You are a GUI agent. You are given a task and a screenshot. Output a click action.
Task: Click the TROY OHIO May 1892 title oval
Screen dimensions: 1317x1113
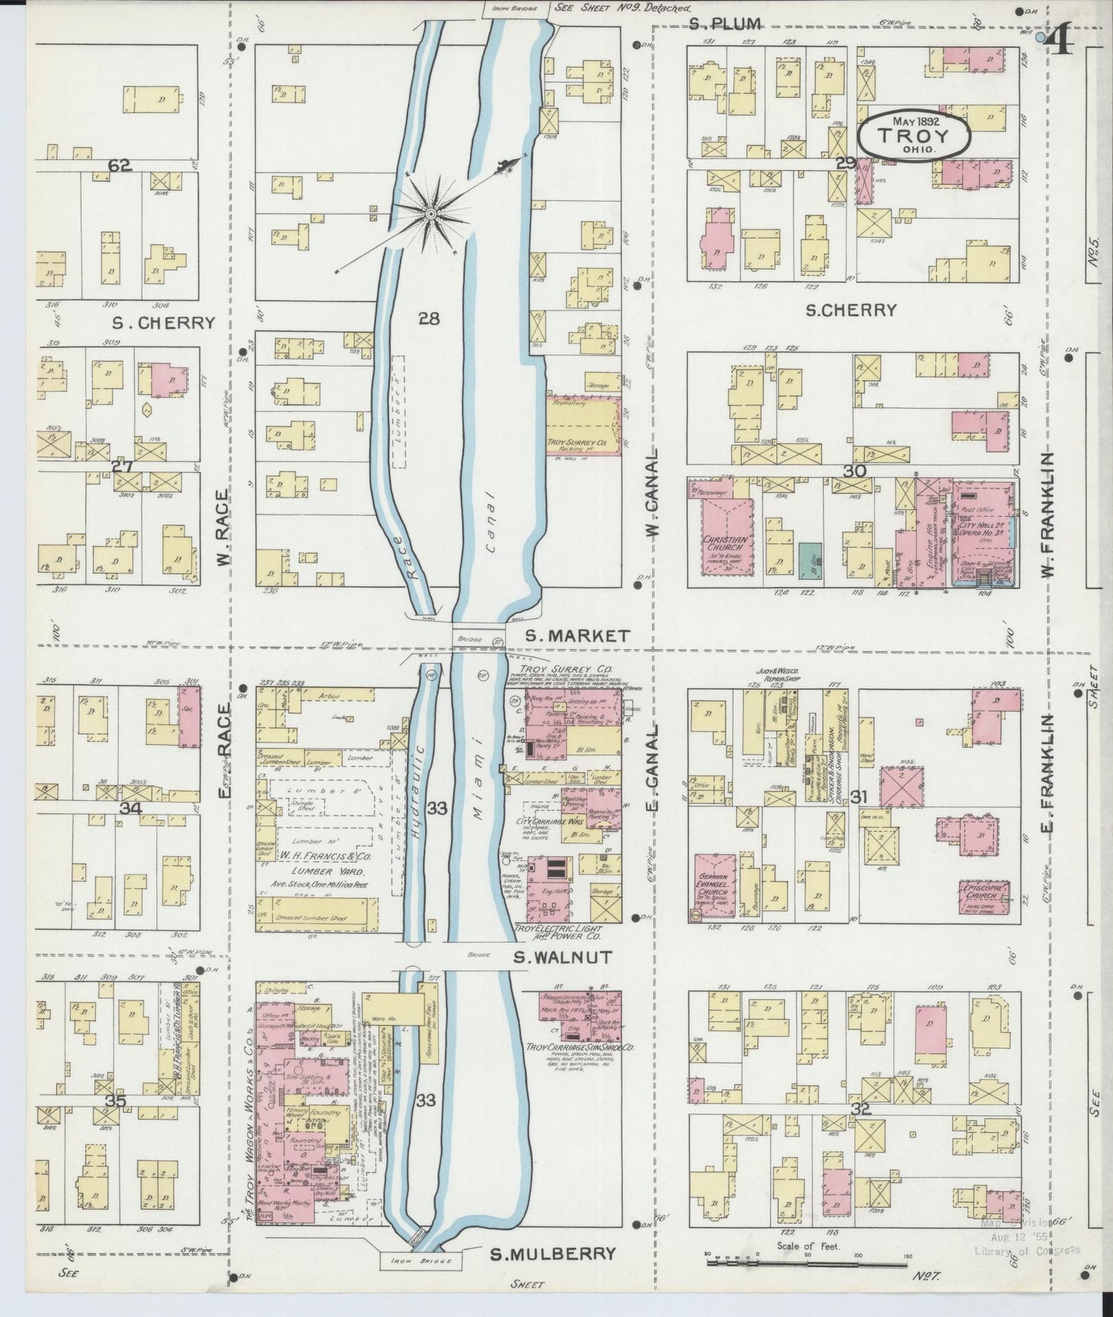click(x=913, y=136)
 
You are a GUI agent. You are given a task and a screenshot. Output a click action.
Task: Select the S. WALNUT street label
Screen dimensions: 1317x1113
click(x=564, y=957)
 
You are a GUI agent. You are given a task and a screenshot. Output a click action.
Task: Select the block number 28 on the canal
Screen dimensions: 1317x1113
click(x=429, y=318)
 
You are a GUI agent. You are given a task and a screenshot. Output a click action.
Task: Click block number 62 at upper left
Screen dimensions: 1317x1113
click(x=121, y=165)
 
